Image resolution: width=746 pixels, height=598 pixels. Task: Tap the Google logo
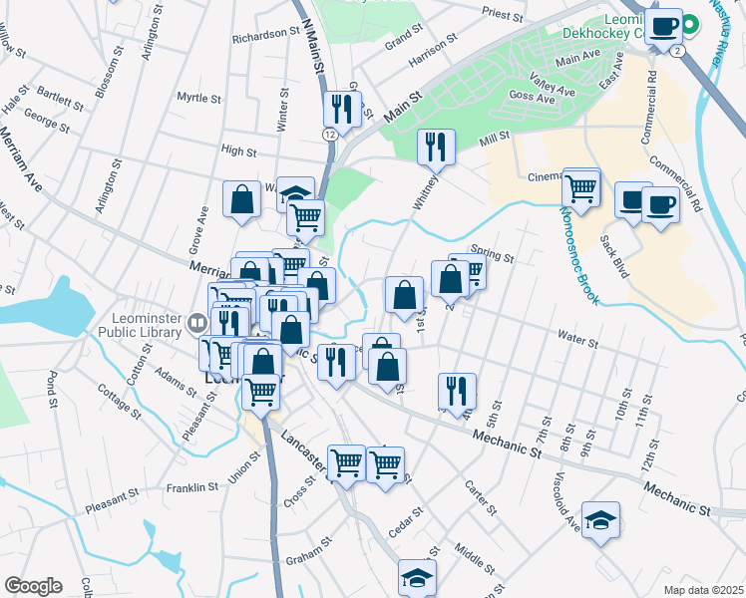point(33,586)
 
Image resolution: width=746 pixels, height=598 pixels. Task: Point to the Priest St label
point(502,16)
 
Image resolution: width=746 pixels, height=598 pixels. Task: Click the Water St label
point(577,344)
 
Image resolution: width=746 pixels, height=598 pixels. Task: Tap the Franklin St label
point(191,487)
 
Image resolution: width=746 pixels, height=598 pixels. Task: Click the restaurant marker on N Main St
point(342,110)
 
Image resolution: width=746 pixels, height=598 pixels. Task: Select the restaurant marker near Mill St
point(436,148)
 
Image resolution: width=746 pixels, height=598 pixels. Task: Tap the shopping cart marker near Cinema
point(580,186)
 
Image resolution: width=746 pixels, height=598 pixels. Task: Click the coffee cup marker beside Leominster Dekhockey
point(662,26)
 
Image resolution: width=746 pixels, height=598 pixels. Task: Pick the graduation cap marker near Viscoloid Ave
point(600,520)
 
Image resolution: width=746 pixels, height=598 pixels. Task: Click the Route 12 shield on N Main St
point(329,133)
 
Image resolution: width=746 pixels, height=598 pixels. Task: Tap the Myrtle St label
point(197,98)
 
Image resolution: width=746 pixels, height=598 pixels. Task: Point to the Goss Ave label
point(531,98)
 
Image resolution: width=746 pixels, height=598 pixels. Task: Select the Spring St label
point(493,257)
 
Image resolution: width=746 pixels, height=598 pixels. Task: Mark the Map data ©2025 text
point(704,589)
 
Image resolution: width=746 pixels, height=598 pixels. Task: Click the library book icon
point(198,322)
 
